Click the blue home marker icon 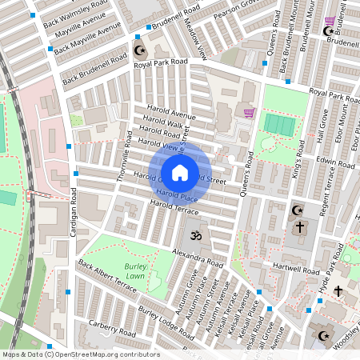click(180, 172)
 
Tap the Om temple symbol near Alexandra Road click(193, 236)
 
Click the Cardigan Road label click(73, 216)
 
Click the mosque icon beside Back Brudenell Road click(142, 50)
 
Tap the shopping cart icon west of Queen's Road click(248, 112)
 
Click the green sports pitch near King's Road click(278, 125)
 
